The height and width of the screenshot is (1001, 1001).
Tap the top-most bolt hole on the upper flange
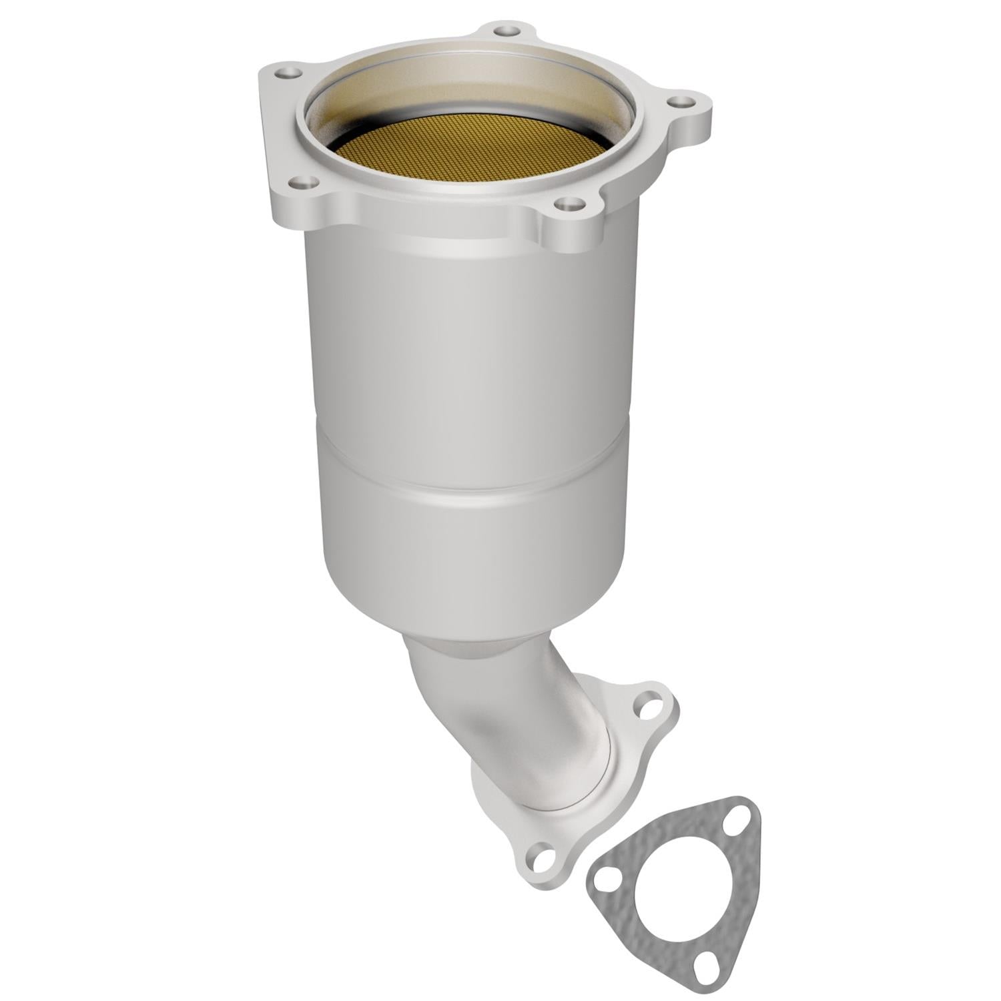tap(507, 30)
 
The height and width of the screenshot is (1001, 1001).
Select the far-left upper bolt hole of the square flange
tap(287, 72)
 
